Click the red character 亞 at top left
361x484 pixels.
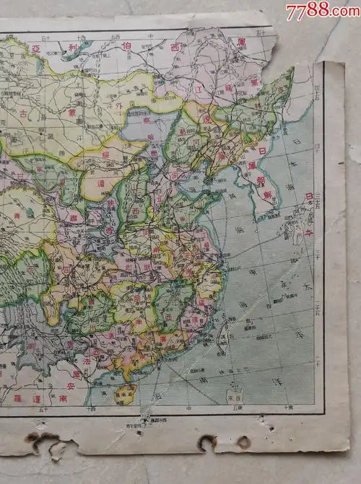pyautogui.click(x=35, y=48)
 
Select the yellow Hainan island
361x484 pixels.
pyautogui.click(x=126, y=394)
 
